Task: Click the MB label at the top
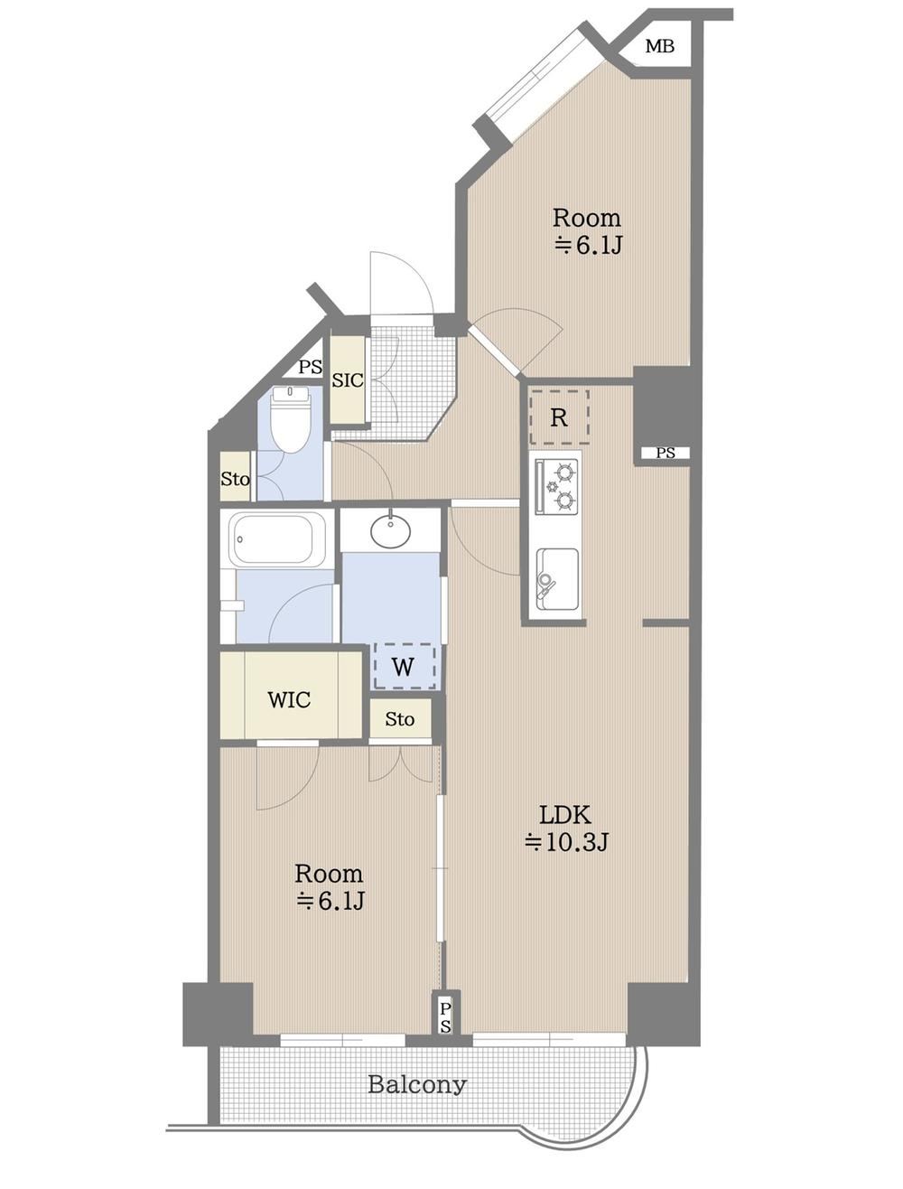[659, 47]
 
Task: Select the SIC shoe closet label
[348, 380]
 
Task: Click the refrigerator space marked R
[559, 417]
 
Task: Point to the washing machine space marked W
[405, 666]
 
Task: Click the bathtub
[277, 539]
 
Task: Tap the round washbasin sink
[390, 530]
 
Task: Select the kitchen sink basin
[556, 578]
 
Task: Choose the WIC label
[289, 700]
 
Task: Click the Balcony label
[417, 1084]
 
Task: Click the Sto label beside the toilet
[236, 479]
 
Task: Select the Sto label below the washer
[399, 719]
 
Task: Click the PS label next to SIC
[311, 367]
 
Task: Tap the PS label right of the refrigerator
[666, 453]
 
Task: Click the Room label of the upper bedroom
[586, 218]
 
